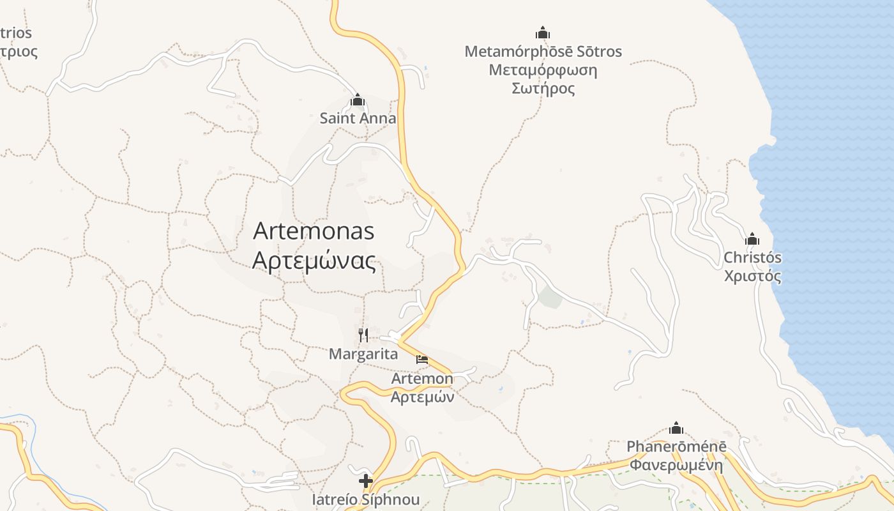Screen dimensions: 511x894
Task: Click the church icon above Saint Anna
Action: point(358,100)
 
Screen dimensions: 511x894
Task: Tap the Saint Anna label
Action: point(358,118)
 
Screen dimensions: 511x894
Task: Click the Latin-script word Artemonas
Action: point(314,231)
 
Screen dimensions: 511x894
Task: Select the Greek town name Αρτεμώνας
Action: point(314,261)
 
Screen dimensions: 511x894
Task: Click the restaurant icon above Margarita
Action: point(363,335)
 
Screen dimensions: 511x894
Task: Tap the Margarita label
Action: point(363,354)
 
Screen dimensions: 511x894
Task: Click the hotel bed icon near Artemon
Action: point(422,360)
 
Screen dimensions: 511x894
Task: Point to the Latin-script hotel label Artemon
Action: point(422,379)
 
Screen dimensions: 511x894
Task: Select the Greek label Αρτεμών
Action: point(422,397)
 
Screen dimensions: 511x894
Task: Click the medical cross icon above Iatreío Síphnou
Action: point(366,481)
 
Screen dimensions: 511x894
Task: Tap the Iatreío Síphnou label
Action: point(366,499)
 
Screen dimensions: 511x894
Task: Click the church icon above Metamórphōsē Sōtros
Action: point(543,33)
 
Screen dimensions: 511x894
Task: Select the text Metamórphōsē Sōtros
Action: point(543,52)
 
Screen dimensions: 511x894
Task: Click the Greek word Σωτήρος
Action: point(543,88)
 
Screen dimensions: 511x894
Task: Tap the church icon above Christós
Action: point(752,240)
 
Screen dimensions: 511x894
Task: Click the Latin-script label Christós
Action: point(752,258)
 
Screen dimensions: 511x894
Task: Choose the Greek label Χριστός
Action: point(752,276)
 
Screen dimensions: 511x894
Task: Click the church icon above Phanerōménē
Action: point(676,428)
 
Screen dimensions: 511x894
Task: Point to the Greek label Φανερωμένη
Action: point(676,465)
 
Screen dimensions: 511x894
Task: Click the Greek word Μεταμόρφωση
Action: point(543,70)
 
